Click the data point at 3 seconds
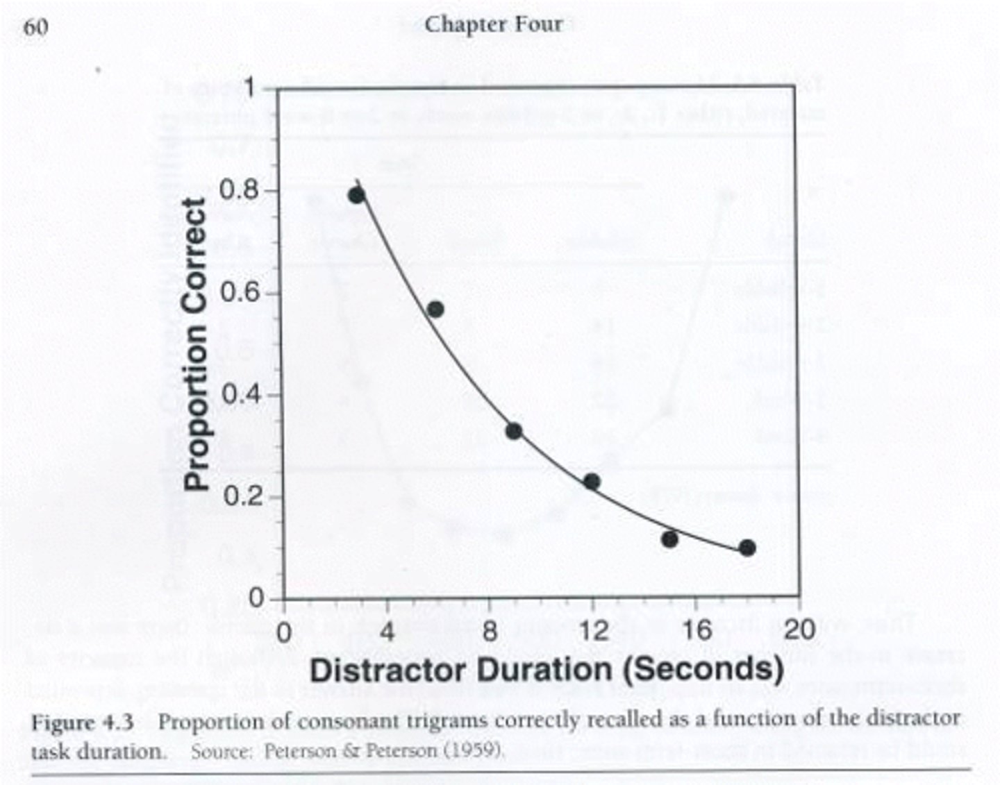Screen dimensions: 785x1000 [x=357, y=195]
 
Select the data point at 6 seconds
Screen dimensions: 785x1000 [x=435, y=309]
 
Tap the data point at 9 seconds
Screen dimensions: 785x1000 [x=514, y=431]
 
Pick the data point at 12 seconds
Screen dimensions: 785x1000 [x=592, y=481]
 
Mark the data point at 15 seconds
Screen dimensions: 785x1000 [x=669, y=539]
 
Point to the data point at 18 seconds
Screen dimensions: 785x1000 [x=747, y=548]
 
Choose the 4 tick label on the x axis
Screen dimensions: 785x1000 [x=387, y=631]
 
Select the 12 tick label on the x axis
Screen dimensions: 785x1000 [x=592, y=631]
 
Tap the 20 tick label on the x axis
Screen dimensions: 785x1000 [x=799, y=630]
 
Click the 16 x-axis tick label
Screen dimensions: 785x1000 [x=696, y=631]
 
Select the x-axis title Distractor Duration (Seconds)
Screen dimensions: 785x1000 [x=547, y=670]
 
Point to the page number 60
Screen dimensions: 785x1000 [x=36, y=28]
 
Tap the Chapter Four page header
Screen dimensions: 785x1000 [x=494, y=24]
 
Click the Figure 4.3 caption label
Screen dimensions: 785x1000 [x=82, y=723]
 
